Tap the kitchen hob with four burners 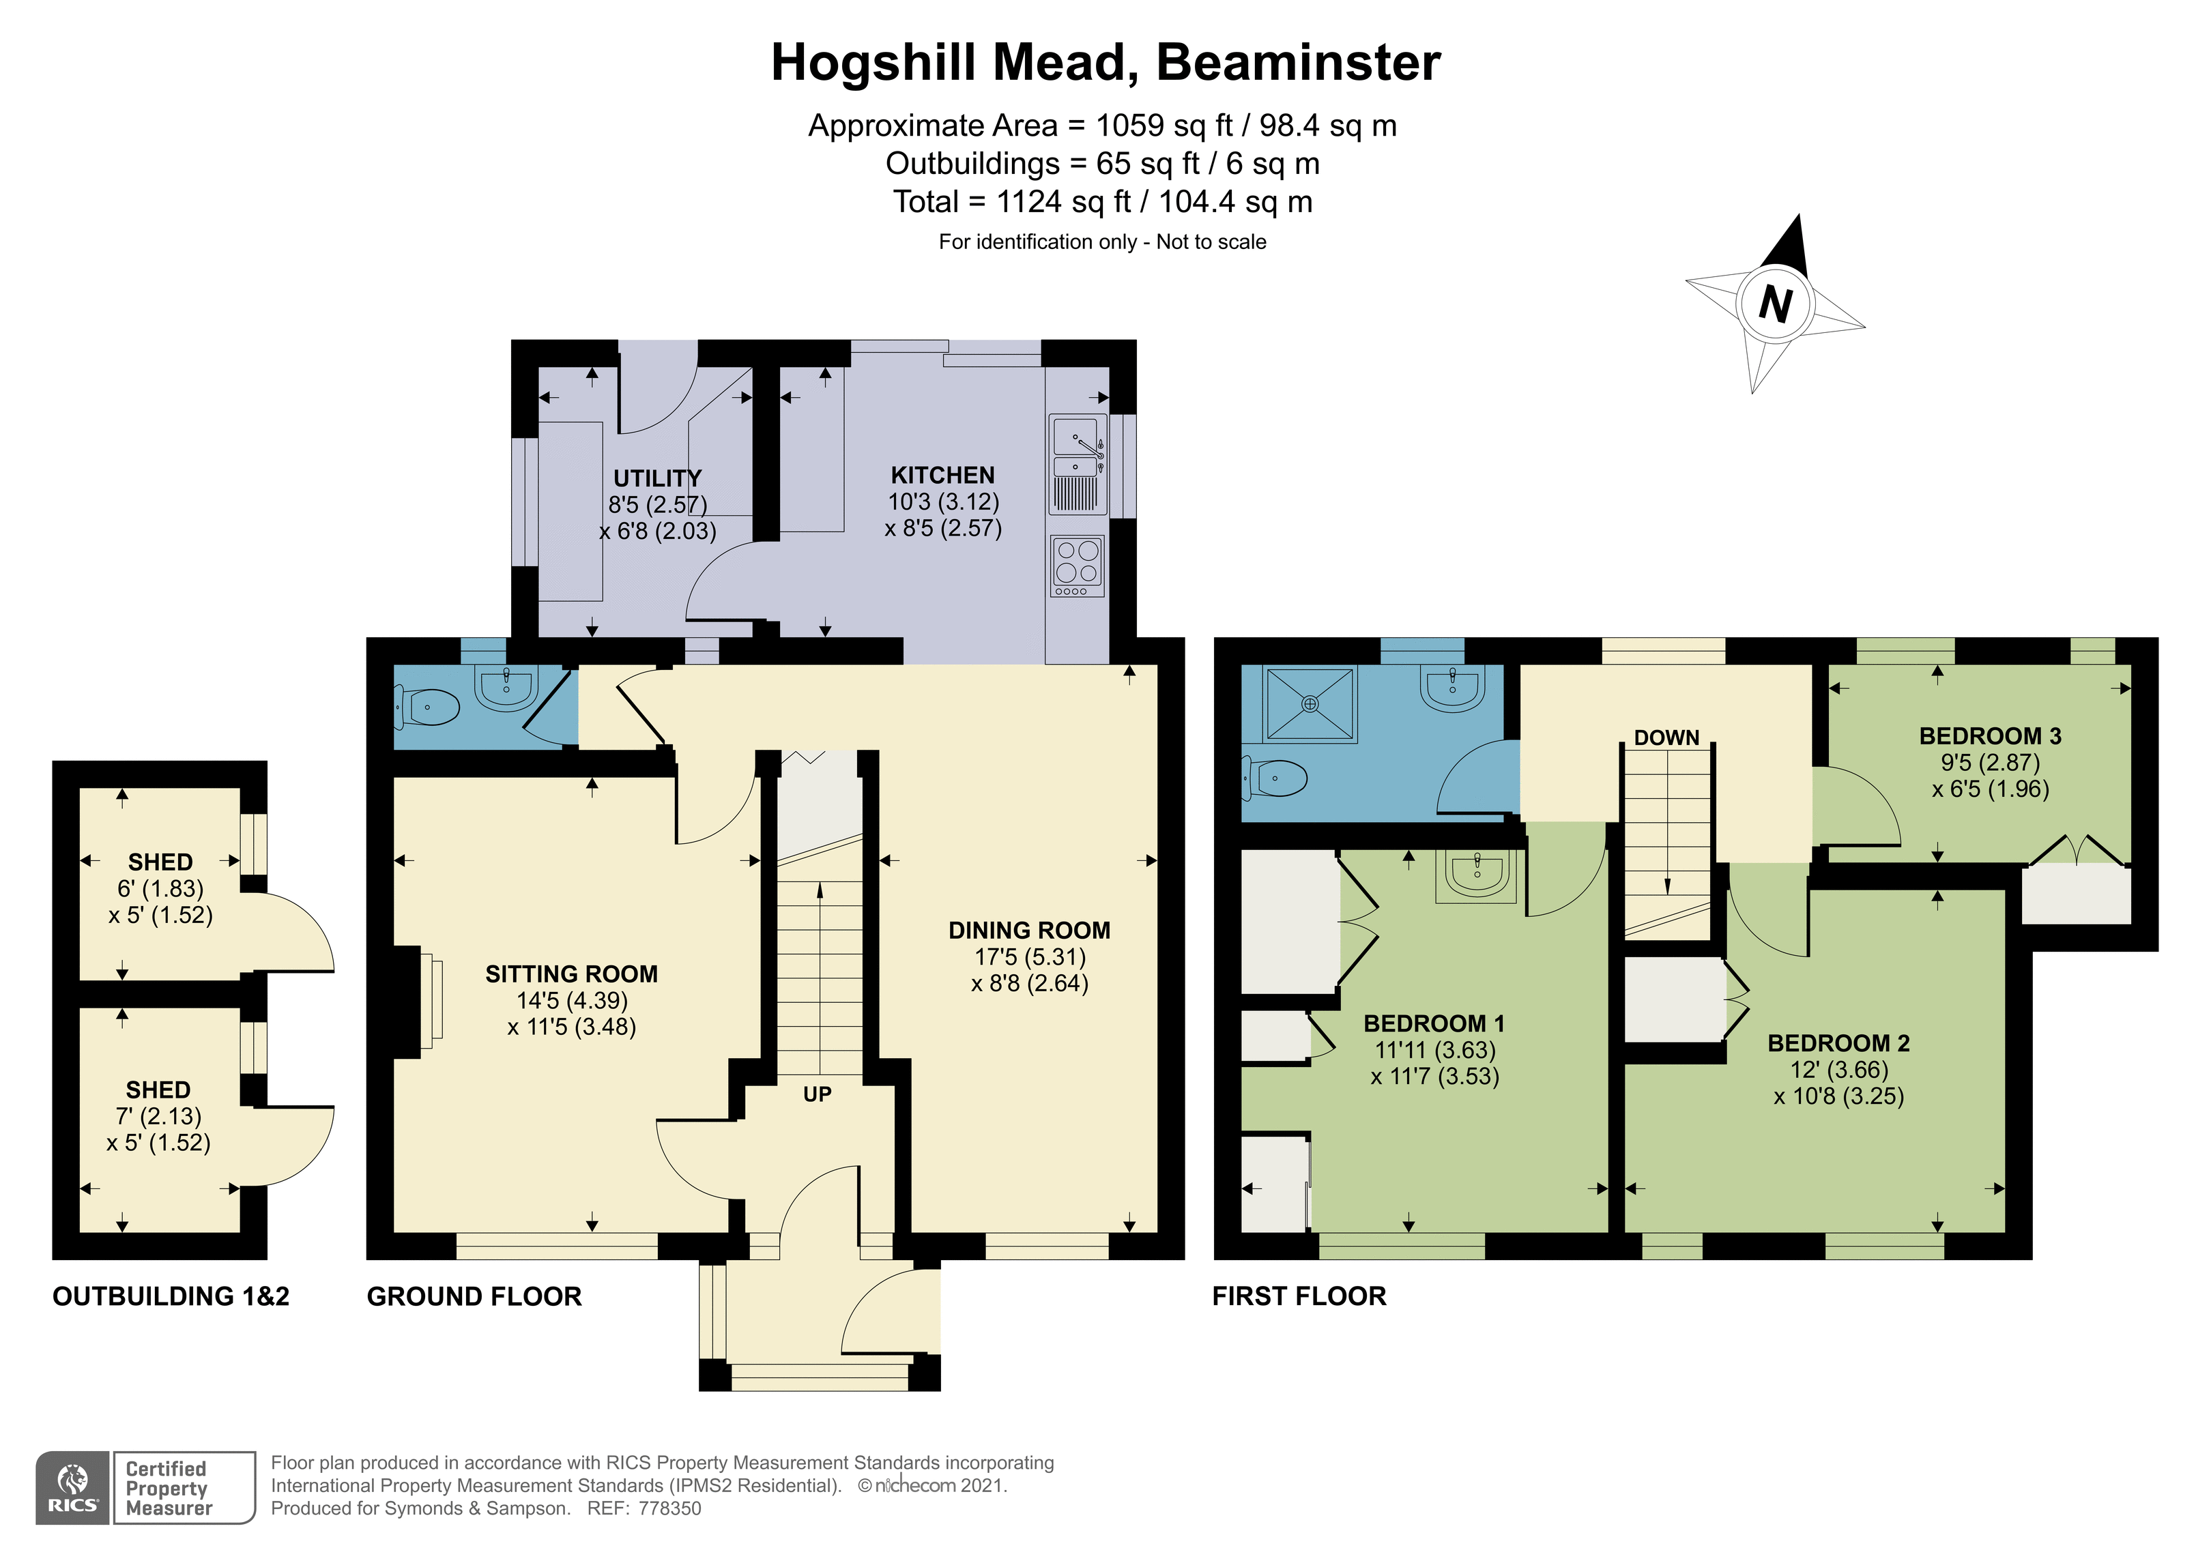[x=1078, y=566]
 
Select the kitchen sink [x=1078, y=463]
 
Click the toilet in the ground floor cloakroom [x=428, y=709]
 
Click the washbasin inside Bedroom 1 [x=1477, y=875]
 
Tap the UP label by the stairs [x=817, y=1094]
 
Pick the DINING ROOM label [x=1030, y=931]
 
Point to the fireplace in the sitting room [x=418, y=1002]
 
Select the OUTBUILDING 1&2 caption [x=171, y=1296]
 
